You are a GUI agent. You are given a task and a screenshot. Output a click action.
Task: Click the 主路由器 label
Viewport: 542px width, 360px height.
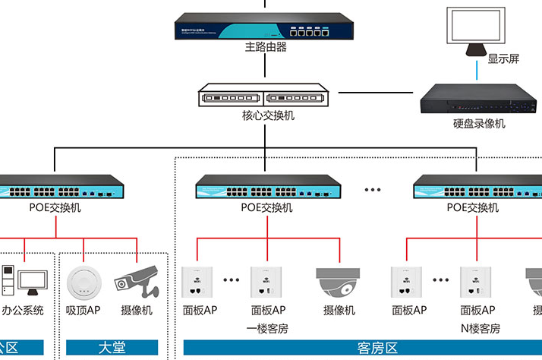click(x=265, y=47)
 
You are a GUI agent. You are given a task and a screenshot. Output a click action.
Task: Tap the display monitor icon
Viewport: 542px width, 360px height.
click(x=476, y=30)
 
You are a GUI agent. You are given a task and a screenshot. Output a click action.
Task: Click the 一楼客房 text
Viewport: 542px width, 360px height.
click(x=267, y=328)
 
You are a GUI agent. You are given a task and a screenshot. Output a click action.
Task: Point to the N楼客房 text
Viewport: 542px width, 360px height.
click(x=480, y=328)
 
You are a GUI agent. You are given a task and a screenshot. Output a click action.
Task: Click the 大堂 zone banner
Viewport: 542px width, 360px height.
click(x=112, y=348)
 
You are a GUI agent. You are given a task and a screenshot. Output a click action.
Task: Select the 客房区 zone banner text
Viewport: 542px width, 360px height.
click(x=377, y=348)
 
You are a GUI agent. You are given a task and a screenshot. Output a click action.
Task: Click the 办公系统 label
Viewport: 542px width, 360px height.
click(x=23, y=311)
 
